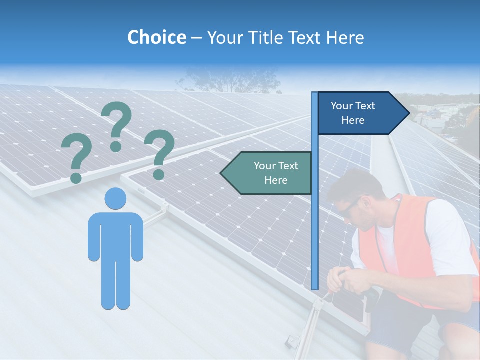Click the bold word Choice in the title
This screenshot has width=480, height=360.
[x=156, y=38]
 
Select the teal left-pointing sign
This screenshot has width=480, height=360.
[x=267, y=173]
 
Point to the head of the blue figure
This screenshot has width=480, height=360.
[x=115, y=198]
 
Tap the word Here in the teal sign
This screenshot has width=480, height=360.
[x=276, y=180]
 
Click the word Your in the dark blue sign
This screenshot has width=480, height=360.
[x=341, y=106]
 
